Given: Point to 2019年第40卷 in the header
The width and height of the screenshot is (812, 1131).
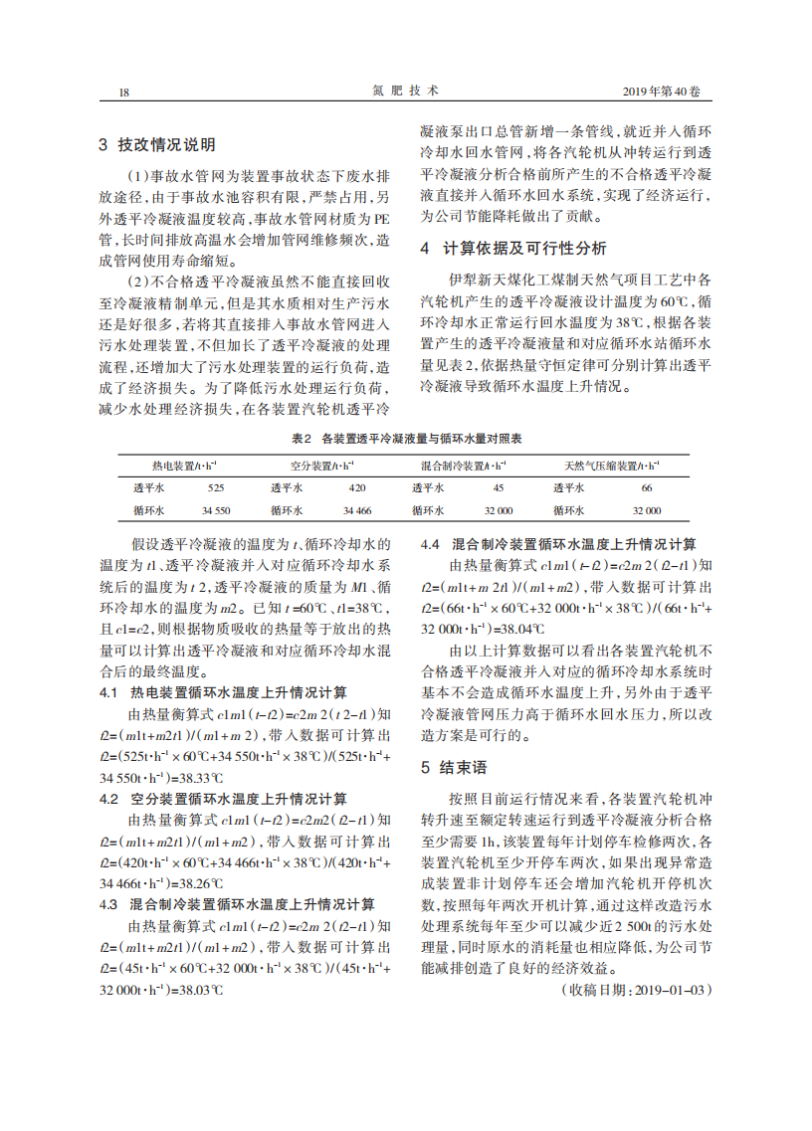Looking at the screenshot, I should (x=661, y=91).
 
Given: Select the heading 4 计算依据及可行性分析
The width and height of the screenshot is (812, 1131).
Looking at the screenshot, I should (x=513, y=248).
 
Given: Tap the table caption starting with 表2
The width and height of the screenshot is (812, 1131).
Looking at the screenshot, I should (x=406, y=439).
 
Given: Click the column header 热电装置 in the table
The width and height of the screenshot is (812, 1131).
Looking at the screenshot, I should (x=184, y=465).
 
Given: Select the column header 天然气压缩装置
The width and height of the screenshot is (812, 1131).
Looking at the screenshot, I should (x=610, y=465).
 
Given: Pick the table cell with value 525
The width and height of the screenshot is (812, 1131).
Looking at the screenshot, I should (x=216, y=487).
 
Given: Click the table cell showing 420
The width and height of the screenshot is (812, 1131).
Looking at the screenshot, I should (x=357, y=487).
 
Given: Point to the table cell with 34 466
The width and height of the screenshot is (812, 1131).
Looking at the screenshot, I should (x=357, y=510).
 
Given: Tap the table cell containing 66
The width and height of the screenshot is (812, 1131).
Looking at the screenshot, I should (x=646, y=487).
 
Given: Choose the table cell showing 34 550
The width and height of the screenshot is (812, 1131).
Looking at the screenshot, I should (x=216, y=510).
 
